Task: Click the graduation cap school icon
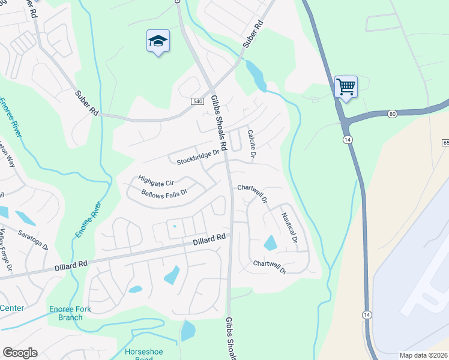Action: click(158, 41)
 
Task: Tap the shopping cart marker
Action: click(346, 87)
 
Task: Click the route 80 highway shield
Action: click(393, 113)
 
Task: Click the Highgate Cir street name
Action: click(155, 179)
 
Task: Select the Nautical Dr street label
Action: click(290, 228)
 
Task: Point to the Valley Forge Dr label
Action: click(5, 252)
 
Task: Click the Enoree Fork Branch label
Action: click(66, 313)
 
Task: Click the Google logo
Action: click(20, 353)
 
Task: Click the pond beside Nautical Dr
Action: click(271, 243)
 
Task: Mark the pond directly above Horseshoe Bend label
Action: click(188, 330)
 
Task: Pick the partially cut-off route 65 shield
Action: click(445, 143)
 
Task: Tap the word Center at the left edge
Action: click(11, 308)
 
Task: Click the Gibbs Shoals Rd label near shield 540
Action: click(220, 124)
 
